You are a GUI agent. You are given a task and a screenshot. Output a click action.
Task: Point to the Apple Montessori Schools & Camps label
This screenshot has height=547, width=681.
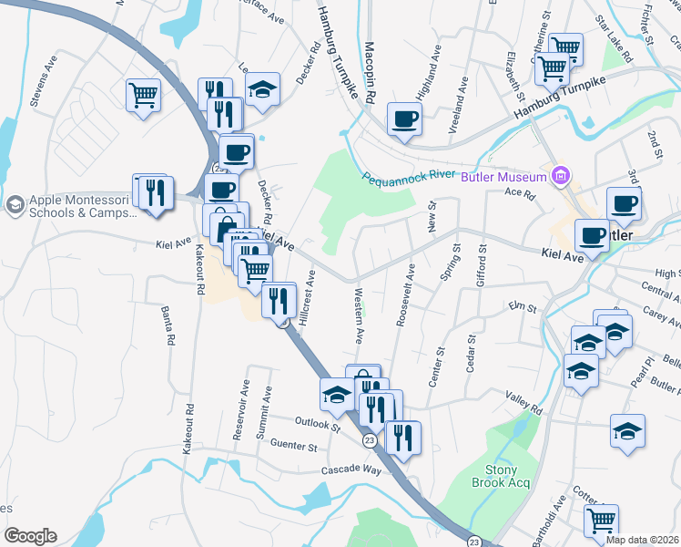point(82,206)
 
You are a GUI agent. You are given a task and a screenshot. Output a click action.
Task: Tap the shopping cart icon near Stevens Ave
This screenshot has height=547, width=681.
point(144,93)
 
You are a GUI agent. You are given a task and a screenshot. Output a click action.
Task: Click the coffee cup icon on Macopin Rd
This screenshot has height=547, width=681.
point(404,118)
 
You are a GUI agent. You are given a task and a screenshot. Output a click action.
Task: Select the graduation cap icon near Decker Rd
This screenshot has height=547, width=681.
point(263,88)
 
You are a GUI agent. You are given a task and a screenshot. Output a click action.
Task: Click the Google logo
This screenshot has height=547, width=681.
point(30,536)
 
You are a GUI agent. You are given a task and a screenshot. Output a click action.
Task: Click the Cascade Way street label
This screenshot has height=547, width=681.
point(351,470)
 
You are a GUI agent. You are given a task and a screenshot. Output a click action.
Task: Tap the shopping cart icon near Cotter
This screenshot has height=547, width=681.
point(601,521)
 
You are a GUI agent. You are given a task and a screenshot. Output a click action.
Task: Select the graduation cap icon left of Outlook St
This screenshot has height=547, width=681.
point(336,394)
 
